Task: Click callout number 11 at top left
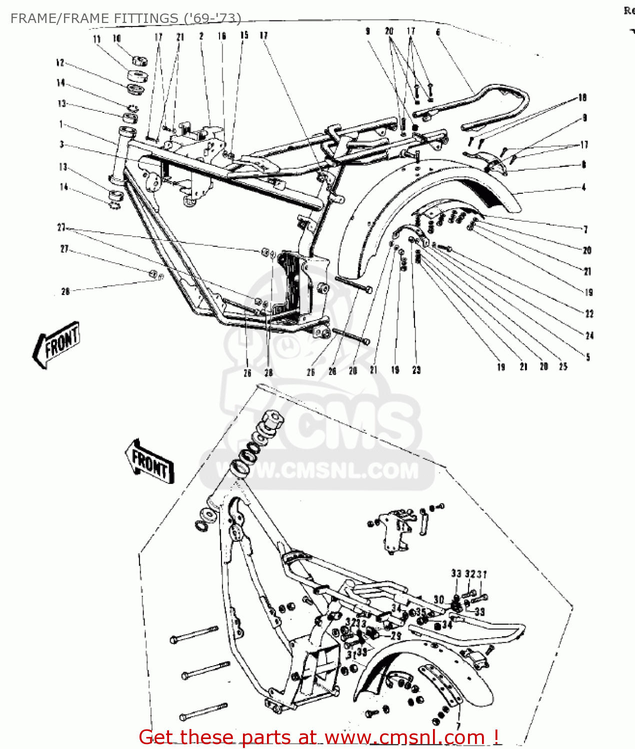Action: (97, 39)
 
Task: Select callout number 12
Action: (60, 63)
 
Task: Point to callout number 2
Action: (201, 36)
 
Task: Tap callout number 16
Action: (222, 36)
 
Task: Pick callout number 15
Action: (244, 35)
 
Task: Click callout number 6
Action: (438, 32)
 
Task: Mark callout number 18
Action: (582, 98)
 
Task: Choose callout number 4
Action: (584, 187)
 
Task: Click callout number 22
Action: (589, 314)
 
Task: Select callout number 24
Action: (589, 336)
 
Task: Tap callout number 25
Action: (563, 367)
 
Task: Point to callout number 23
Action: (416, 370)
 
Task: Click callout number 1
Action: (61, 124)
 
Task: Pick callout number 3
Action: (61, 144)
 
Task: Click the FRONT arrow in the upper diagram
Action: (56, 345)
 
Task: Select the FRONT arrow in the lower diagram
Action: (149, 462)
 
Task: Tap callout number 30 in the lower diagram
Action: (438, 600)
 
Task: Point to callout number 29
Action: (396, 636)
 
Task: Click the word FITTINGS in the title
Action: (145, 18)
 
